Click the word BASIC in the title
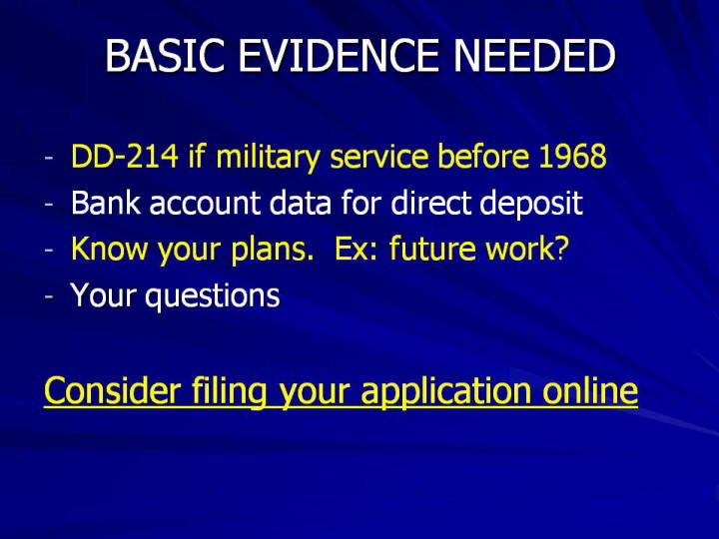pos(165,56)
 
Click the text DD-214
pos(124,157)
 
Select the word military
pos(268,158)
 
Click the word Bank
pos(106,202)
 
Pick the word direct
pos(430,202)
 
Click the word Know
pos(110,249)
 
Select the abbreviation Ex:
pos(357,249)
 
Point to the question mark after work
pos(562,249)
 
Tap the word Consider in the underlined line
pos(112,390)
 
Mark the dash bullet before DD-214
pos(49,159)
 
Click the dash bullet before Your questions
pos(49,297)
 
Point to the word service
pos(379,157)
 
